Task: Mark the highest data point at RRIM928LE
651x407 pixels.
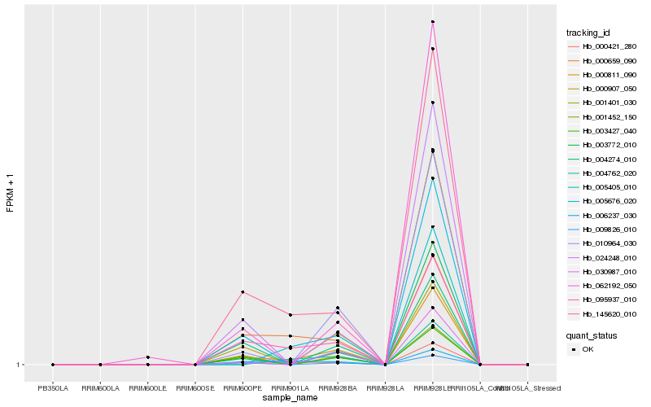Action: tap(433, 22)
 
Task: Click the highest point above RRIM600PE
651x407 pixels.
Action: tap(242, 292)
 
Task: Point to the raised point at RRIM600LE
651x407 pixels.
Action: tap(147, 357)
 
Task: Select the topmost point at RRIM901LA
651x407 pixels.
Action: tap(291, 314)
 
